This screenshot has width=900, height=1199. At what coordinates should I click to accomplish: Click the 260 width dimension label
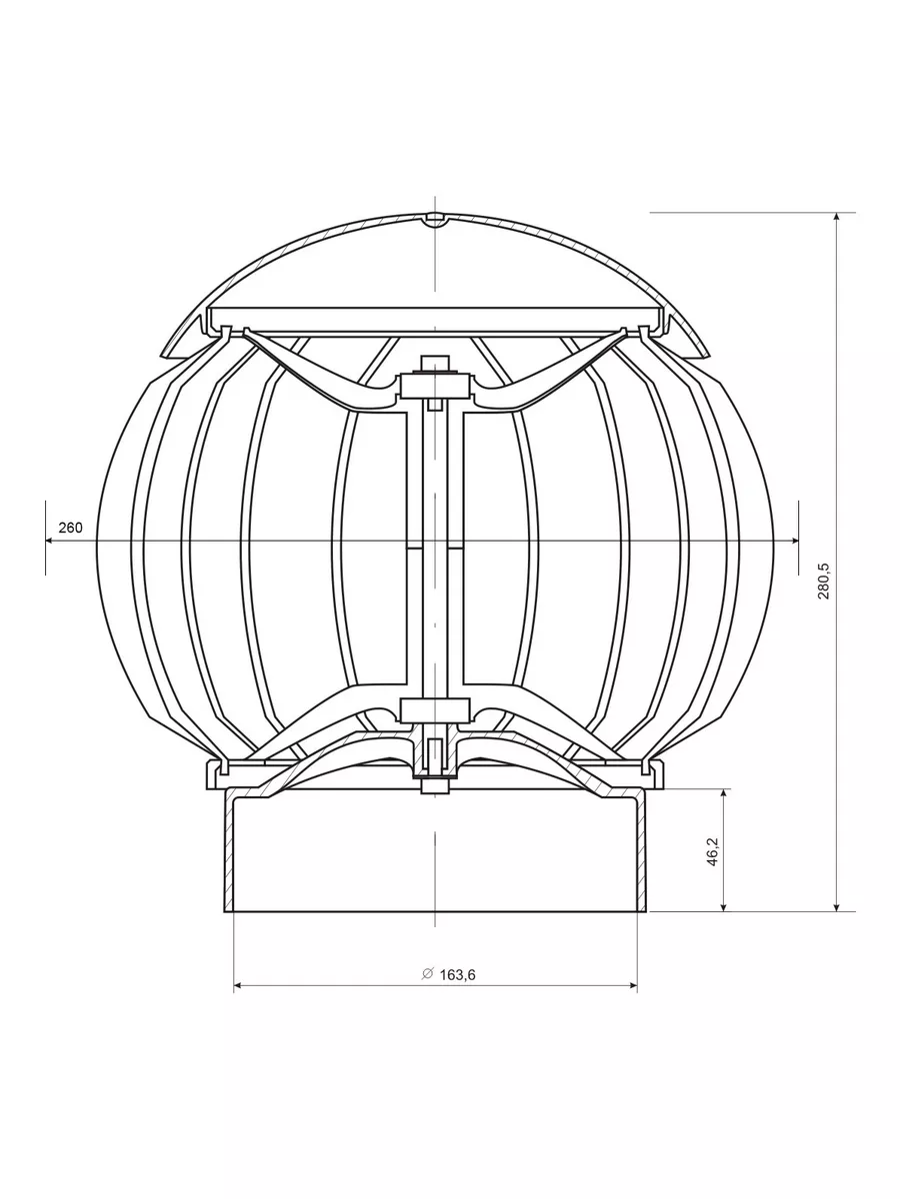[70, 528]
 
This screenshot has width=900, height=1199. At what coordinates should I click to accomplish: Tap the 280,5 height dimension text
[823, 581]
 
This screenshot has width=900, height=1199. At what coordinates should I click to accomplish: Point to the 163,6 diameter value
[457, 975]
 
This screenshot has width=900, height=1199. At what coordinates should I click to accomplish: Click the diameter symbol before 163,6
[427, 974]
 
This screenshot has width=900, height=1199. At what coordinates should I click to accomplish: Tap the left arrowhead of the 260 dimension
[49, 541]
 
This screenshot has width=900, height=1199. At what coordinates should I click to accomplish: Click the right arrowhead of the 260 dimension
[795, 541]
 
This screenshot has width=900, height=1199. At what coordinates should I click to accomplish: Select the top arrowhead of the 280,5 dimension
[837, 217]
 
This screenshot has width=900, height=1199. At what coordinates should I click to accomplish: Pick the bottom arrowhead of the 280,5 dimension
[837, 907]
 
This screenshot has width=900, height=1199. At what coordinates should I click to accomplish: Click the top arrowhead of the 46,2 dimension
[724, 793]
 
